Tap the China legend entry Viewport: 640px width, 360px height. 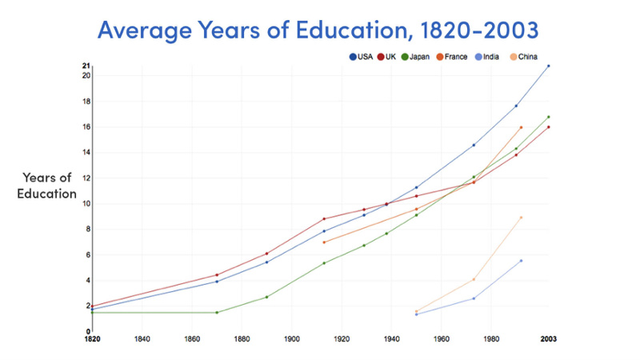tap(523, 57)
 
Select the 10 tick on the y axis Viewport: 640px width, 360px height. tap(86, 203)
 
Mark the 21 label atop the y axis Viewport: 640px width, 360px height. tap(86, 66)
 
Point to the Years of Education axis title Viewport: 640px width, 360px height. tap(46, 186)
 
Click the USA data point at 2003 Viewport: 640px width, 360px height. tap(548, 66)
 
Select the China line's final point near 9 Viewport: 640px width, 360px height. tap(521, 217)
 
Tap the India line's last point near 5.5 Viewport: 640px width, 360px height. tap(521, 260)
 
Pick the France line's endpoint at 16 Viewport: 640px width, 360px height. tap(521, 127)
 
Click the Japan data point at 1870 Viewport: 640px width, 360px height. tap(217, 312)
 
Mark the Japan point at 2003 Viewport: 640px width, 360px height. tap(548, 117)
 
